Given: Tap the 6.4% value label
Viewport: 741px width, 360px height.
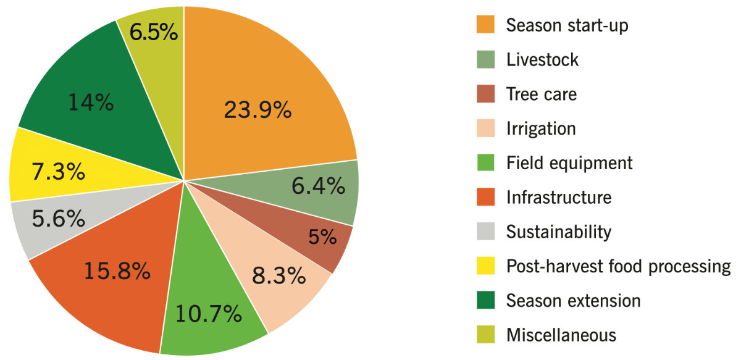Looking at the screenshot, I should pyautogui.click(x=318, y=185).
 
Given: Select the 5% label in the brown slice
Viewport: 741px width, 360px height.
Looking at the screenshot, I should pyautogui.click(x=322, y=236).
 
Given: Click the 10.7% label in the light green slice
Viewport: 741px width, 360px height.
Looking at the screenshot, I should pyautogui.click(x=208, y=314).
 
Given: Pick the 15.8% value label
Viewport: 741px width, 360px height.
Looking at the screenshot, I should pyautogui.click(x=117, y=270).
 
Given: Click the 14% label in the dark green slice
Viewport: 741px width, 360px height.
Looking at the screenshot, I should pyautogui.click(x=91, y=102).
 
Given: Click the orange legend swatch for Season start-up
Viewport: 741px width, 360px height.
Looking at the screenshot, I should pyautogui.click(x=485, y=25).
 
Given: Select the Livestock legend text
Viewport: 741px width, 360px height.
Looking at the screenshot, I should pyautogui.click(x=542, y=60).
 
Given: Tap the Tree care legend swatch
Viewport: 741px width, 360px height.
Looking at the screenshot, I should pyautogui.click(x=485, y=94).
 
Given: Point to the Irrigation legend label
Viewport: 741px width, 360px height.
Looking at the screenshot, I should pyautogui.click(x=540, y=128).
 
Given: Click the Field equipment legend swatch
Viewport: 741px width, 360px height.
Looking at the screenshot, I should pyautogui.click(x=485, y=163).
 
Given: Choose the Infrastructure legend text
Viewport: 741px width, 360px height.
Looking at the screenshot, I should pyautogui.click(x=558, y=198).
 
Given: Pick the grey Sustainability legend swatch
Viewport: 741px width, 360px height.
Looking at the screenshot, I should pyautogui.click(x=485, y=232).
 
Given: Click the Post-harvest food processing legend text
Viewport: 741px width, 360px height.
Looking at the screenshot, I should pyautogui.click(x=618, y=266).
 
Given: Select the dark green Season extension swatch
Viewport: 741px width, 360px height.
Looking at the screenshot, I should pyautogui.click(x=485, y=301).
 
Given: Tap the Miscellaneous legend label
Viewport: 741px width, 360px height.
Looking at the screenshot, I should pyautogui.click(x=561, y=335).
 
